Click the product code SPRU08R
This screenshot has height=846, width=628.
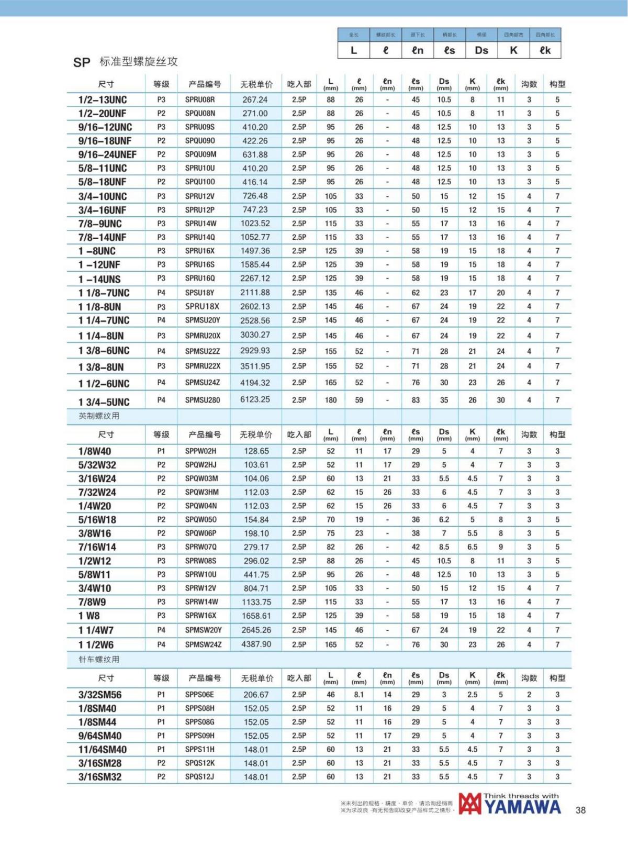click(x=200, y=99)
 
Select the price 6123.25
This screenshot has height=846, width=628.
click(x=255, y=399)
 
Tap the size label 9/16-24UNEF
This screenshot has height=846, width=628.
click(x=107, y=154)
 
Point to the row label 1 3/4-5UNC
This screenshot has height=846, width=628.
click(x=104, y=402)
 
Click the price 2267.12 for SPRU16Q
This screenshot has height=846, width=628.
click(x=255, y=279)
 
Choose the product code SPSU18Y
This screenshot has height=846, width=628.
click(x=200, y=293)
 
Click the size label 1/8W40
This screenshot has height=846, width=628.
click(x=95, y=451)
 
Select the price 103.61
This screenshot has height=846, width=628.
click(x=256, y=465)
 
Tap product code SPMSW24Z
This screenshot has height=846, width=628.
click(x=204, y=644)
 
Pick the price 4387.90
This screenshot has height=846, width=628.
click(x=256, y=644)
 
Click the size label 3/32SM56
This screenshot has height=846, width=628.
click(x=100, y=695)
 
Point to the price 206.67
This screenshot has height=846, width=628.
click(x=256, y=695)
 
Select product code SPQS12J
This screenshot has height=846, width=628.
click(x=200, y=777)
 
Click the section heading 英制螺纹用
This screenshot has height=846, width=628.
click(x=99, y=416)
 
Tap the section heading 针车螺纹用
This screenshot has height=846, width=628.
click(x=99, y=660)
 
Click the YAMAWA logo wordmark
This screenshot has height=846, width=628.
click(x=522, y=807)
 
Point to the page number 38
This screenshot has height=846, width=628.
click(x=580, y=810)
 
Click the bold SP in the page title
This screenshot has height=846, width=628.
click(x=82, y=63)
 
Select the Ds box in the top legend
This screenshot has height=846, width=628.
click(x=481, y=50)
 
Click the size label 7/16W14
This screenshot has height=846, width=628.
click(x=97, y=547)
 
